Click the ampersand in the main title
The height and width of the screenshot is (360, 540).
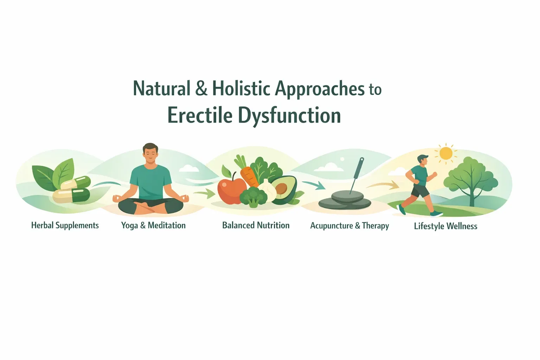coord(201,88)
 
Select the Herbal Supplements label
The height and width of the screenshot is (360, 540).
coord(65,225)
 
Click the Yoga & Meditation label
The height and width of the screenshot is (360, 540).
coord(153,225)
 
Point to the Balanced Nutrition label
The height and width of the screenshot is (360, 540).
coord(256,225)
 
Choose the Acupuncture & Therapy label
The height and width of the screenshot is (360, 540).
coord(349,226)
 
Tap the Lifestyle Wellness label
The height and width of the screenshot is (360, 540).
coord(445,226)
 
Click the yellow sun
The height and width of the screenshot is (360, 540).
coord(446,153)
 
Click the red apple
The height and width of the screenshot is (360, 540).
coord(231,190)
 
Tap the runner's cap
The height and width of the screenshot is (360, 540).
coord(423,157)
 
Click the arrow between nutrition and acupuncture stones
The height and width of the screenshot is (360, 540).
coord(314,185)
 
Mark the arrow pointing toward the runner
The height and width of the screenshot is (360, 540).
coord(383,185)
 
